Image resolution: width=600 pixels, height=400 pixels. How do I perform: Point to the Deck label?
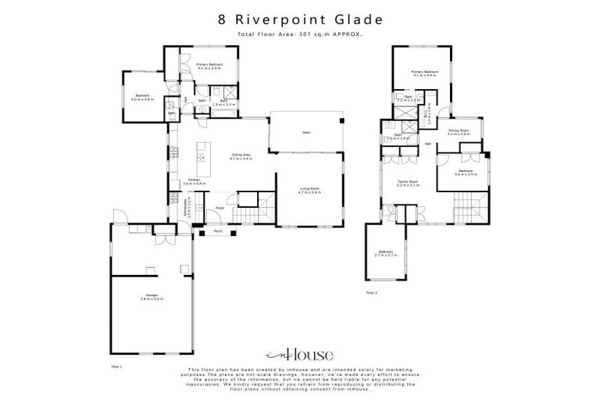[306, 133]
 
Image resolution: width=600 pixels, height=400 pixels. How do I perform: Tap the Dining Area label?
[240, 156]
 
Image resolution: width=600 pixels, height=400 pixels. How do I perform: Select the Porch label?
[209, 231]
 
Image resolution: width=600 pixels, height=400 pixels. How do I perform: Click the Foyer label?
[220, 208]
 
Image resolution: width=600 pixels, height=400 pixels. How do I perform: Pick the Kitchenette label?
[185, 207]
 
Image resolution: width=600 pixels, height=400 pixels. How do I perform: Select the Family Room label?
[409, 184]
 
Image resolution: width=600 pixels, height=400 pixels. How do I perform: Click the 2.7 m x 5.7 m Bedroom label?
[387, 254]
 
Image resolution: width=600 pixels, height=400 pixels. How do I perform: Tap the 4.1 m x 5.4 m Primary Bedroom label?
[424, 73]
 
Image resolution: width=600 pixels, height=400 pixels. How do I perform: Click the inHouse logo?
[300, 352]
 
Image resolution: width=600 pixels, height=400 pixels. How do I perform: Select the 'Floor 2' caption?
[371, 293]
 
